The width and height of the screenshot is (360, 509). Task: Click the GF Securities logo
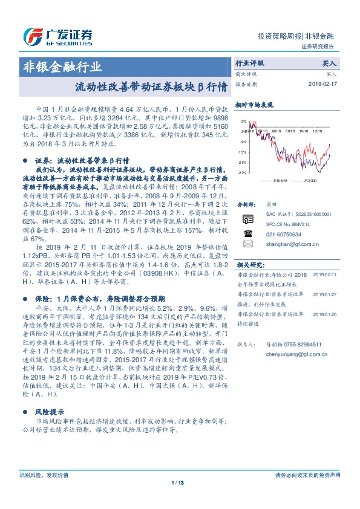57,36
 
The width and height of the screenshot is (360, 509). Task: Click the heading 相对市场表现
254,105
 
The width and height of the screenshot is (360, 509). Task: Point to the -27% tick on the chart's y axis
243,173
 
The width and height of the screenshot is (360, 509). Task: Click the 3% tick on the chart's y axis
244,122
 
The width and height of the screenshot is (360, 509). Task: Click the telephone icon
247,233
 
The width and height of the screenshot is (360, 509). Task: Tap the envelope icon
247,244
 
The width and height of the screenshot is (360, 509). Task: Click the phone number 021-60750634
282,233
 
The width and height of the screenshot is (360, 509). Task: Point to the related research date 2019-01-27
326,294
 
